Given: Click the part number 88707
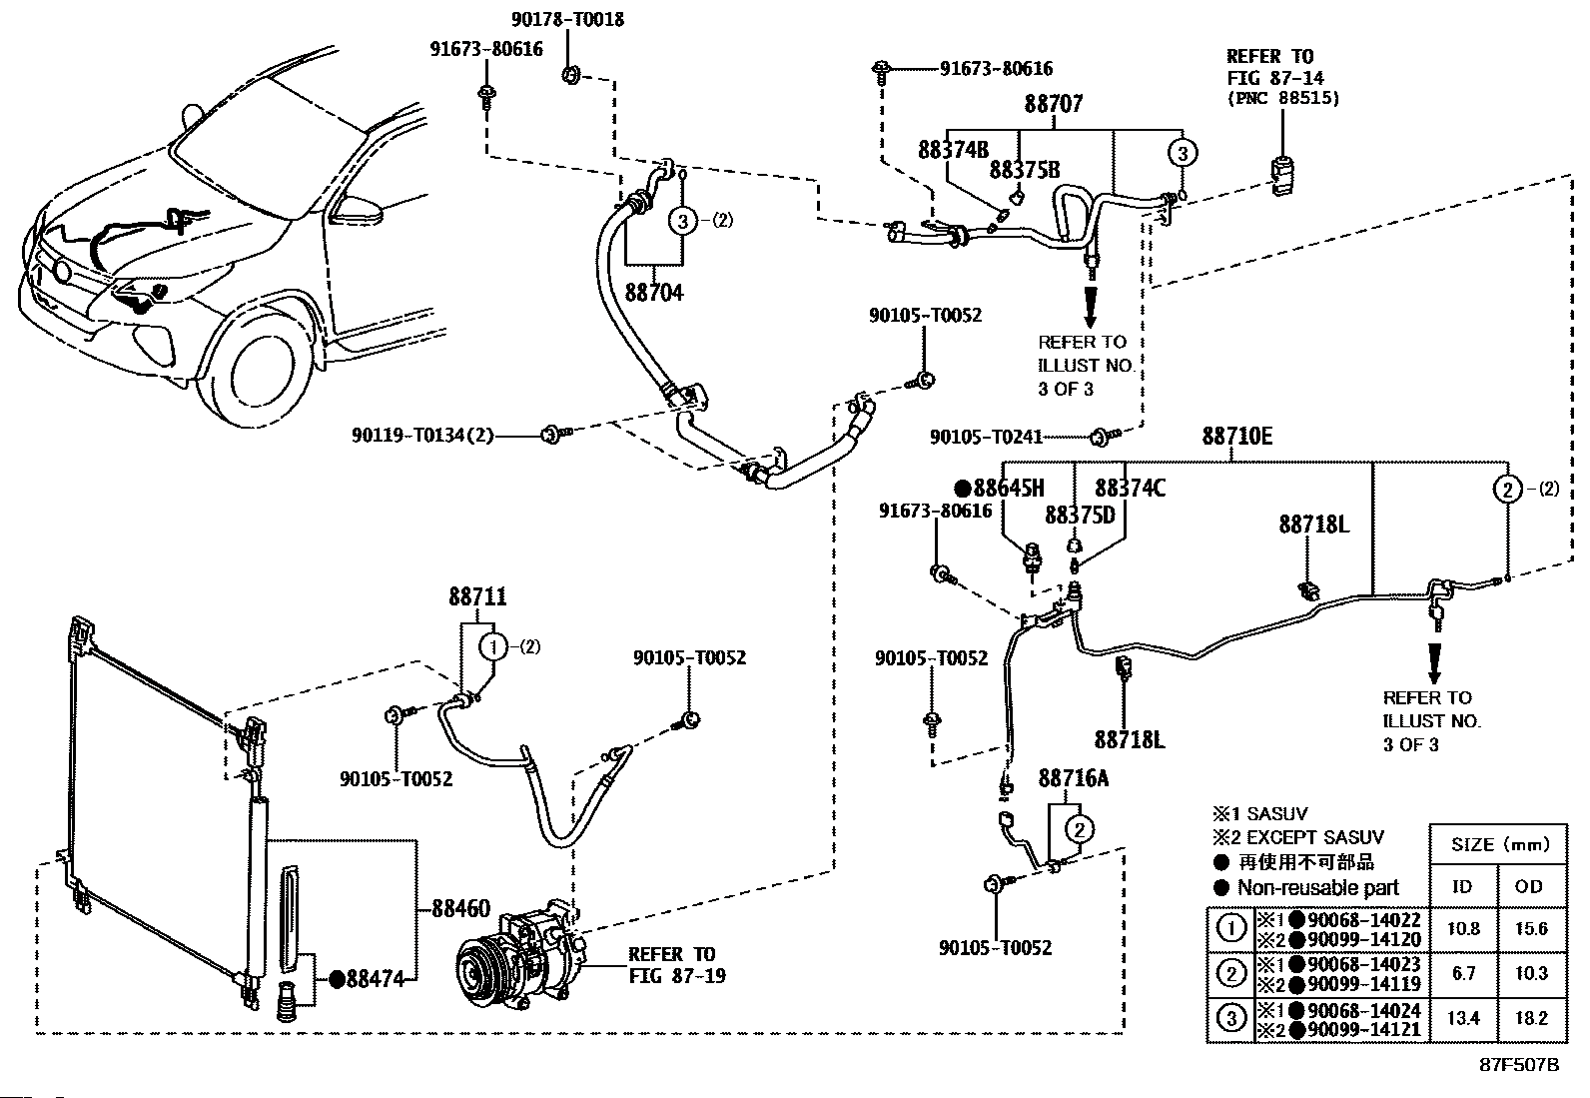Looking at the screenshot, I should click(1053, 104).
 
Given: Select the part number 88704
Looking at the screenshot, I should click(654, 293).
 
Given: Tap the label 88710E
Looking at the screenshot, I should click(1237, 437).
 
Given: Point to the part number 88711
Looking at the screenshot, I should click(477, 597).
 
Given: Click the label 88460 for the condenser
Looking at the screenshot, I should click(460, 909).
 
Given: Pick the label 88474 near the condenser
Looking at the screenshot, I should click(375, 980).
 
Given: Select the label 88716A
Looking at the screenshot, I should click(1074, 778).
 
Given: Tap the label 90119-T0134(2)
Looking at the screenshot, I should click(422, 435).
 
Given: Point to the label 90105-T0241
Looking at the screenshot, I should click(986, 437).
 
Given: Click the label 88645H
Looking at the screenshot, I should click(1009, 489).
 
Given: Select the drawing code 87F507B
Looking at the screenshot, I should click(1519, 1064).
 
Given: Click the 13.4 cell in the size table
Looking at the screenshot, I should click(1463, 1018).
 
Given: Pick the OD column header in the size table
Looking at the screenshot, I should click(1529, 886).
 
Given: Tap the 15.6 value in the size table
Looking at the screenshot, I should click(1529, 929).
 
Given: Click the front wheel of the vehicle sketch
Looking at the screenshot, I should click(256, 368).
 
